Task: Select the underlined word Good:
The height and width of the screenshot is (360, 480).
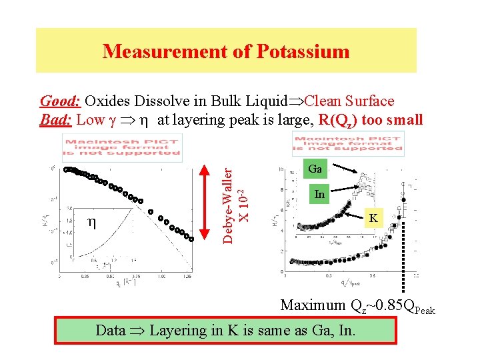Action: pos(61,101)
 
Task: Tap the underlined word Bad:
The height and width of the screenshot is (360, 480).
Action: pos(56,120)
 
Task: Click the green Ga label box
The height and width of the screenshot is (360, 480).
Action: pos(315,169)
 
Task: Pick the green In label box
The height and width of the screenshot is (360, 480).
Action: pos(319,195)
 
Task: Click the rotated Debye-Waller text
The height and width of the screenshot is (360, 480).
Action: pos(228,200)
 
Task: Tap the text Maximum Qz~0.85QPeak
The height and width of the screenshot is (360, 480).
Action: pos(357,306)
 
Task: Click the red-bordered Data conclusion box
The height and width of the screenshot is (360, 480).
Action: pos(227,330)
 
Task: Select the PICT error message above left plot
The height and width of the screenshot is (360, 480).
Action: pos(122,146)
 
